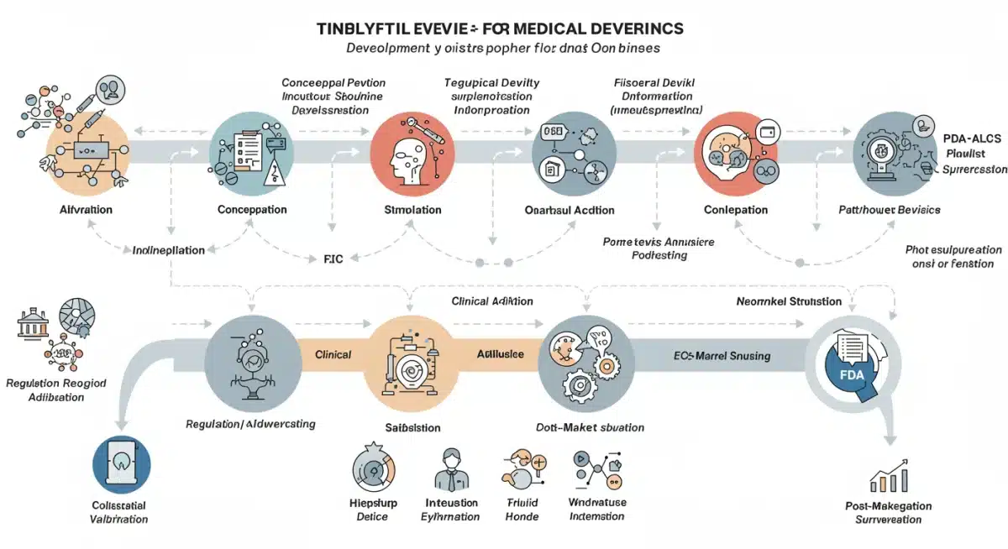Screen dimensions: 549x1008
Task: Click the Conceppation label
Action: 251,209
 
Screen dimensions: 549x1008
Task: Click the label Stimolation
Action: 412,210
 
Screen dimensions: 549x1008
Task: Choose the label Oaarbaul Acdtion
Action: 569,210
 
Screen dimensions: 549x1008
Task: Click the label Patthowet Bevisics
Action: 890,209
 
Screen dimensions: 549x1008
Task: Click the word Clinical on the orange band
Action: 333,354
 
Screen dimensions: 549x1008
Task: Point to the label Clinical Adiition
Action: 492,301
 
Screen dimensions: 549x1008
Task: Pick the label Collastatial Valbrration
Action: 118,512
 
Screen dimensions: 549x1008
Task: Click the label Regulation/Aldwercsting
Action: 250,424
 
